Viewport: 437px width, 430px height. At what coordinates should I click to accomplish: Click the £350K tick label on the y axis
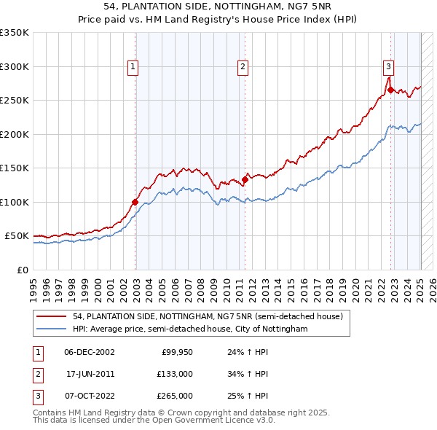tap(14, 33)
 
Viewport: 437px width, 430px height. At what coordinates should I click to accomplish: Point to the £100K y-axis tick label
tap(14, 202)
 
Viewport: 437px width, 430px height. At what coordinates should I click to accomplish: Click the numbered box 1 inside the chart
tap(133, 67)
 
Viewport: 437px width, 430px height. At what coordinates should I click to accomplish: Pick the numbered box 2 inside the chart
tap(243, 67)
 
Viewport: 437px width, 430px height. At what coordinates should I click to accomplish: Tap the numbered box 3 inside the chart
tap(389, 67)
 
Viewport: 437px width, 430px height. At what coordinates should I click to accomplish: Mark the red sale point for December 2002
tap(135, 202)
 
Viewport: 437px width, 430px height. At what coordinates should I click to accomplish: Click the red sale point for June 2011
tap(245, 180)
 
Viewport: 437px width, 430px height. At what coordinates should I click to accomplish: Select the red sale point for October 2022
tap(391, 90)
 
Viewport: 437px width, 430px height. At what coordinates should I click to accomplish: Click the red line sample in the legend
tap(51, 316)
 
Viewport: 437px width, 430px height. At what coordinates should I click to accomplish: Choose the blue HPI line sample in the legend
tap(51, 329)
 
